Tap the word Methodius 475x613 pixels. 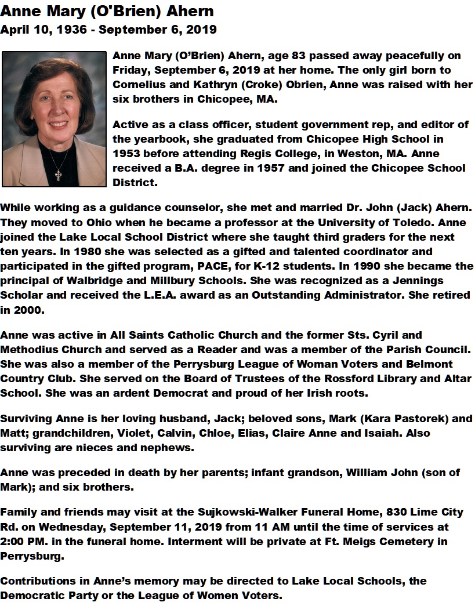tap(28, 350)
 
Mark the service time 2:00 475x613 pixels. tap(14, 542)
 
